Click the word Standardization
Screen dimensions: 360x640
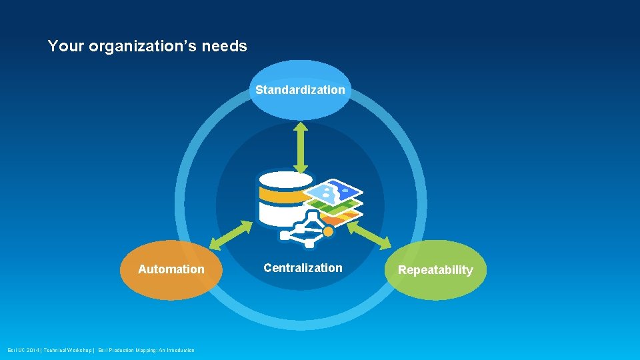300,89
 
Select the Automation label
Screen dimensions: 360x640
171,269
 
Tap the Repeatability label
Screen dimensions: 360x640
435,270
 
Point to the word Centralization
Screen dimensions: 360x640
303,268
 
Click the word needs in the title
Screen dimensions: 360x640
227,47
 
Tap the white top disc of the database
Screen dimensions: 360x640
285,179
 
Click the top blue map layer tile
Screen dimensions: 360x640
333,192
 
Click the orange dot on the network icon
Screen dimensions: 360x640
328,231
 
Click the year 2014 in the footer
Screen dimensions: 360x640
32,351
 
